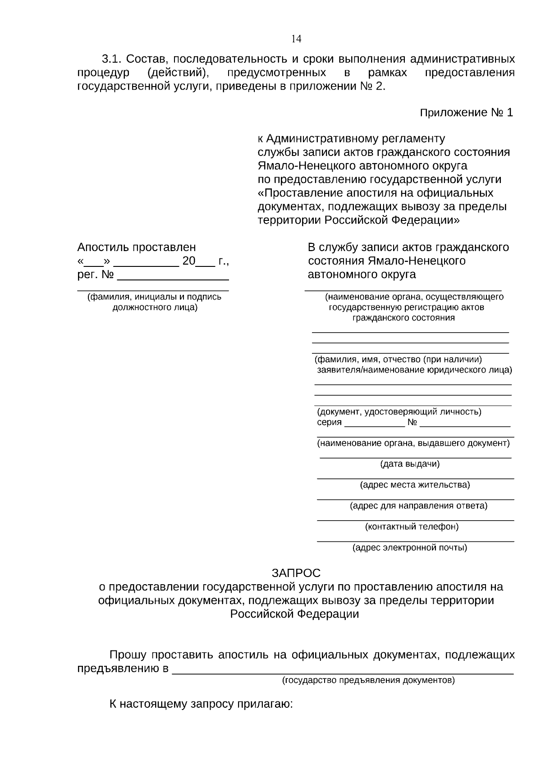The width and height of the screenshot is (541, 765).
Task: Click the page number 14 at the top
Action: click(296, 39)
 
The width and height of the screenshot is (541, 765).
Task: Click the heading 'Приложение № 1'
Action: click(466, 113)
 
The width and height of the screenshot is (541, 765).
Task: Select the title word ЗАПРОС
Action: click(296, 573)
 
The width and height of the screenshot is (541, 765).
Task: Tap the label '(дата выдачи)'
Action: click(409, 464)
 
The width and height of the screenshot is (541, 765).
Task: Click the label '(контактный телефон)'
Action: click(412, 527)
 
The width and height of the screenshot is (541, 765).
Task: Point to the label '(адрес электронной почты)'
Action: click(409, 548)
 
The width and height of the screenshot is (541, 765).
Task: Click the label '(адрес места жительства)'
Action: click(415, 485)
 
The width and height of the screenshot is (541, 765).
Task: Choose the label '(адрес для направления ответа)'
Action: click(418, 506)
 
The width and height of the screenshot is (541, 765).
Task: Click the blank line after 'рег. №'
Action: click(173, 276)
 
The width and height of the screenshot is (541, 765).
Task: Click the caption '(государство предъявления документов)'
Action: click(368, 680)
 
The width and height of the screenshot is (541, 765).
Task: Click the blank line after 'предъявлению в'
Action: click(343, 669)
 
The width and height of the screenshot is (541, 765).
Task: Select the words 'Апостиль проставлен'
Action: click(137, 247)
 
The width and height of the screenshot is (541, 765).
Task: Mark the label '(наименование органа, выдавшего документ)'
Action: click(413, 443)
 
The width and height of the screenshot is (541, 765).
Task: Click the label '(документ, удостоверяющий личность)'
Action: click(399, 412)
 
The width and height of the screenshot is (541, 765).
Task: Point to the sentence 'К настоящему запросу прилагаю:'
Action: click(201, 704)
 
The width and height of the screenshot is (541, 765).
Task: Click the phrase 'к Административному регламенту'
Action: click(351, 138)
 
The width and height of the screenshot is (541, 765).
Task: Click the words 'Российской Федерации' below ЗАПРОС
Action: click(294, 614)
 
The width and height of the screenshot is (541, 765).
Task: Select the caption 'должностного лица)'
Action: click(154, 307)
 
